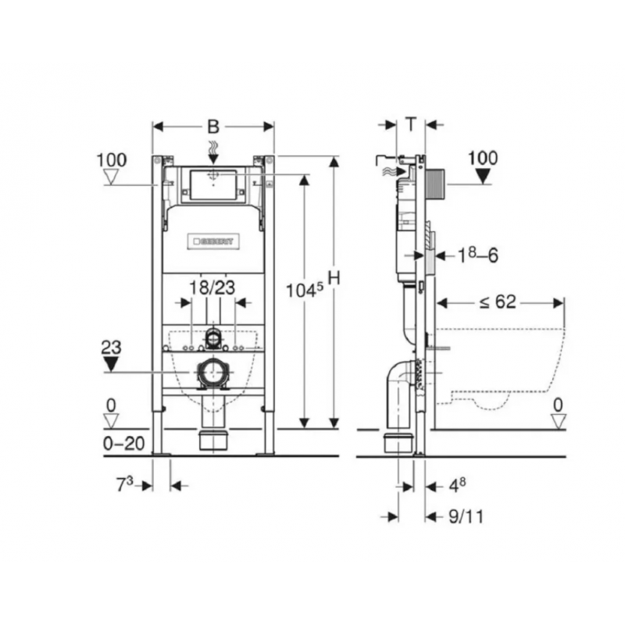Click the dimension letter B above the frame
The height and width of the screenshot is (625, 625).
[213, 127]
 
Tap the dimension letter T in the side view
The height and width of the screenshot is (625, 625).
[411, 125]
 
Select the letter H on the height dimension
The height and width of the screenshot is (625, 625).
[334, 278]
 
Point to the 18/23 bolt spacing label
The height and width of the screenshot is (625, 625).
[212, 287]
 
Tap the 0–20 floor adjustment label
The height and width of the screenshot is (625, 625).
[123, 443]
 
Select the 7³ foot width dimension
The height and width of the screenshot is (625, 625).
[124, 484]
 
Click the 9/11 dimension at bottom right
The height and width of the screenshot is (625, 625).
[466, 516]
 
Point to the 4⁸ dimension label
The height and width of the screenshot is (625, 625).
[457, 485]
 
